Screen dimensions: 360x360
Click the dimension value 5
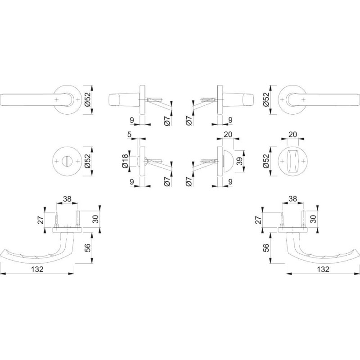pyautogui.click(x=129, y=134)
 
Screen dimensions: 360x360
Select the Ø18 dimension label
pyautogui.click(x=125, y=161)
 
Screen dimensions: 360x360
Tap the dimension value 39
pyautogui.click(x=239, y=162)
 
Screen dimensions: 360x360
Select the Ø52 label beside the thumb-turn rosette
pyautogui.click(x=266, y=161)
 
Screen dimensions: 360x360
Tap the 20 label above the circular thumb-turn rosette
pyautogui.click(x=292, y=134)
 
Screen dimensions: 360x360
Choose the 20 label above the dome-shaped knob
pyautogui.click(x=228, y=134)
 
